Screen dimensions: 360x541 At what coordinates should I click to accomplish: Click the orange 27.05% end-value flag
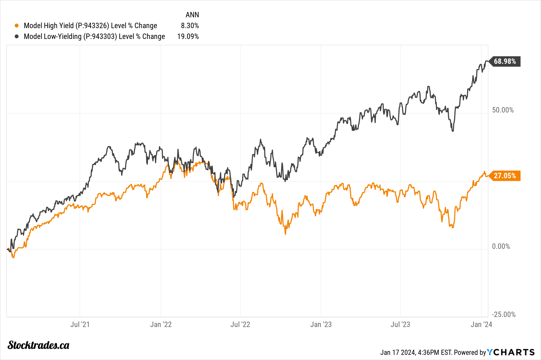505,176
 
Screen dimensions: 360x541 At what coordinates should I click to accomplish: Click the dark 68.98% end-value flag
505,61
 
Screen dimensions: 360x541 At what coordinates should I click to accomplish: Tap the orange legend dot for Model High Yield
17,26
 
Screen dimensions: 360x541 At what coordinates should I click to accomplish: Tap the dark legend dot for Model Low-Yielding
17,37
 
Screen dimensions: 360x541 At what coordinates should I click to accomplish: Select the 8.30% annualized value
190,26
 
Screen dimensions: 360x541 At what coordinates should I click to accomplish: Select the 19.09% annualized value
188,37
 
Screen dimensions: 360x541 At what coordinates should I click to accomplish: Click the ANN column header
192,15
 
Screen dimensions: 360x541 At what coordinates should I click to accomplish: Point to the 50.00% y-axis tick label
503,110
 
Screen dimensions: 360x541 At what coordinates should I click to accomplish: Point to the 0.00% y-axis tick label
501,246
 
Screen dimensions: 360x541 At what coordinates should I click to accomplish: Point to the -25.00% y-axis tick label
504,314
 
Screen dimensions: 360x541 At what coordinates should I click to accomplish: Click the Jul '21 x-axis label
80,324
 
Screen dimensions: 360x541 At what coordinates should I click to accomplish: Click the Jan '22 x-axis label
161,324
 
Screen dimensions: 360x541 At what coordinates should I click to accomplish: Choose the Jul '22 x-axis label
240,324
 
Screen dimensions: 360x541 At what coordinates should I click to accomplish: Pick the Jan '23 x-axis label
321,324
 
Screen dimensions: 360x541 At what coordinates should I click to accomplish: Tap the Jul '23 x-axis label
400,324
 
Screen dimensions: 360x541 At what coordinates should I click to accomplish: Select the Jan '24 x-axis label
481,324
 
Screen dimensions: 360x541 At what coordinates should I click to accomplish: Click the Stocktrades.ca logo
38,345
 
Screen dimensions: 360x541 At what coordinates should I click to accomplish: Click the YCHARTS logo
511,352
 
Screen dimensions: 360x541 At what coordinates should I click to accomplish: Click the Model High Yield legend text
90,26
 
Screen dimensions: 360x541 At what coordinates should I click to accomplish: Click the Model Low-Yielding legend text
94,37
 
